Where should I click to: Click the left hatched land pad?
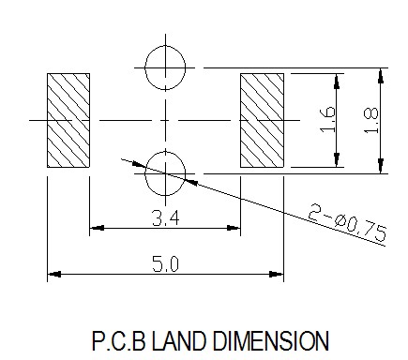point(68,120)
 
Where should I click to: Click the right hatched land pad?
point(262,120)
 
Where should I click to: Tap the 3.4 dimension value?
point(166,217)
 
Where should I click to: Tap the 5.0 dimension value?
point(165,263)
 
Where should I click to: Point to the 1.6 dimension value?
point(328,119)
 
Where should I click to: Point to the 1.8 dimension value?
point(371,120)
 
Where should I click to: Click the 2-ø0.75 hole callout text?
point(347,222)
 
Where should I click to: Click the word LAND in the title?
point(179,340)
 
